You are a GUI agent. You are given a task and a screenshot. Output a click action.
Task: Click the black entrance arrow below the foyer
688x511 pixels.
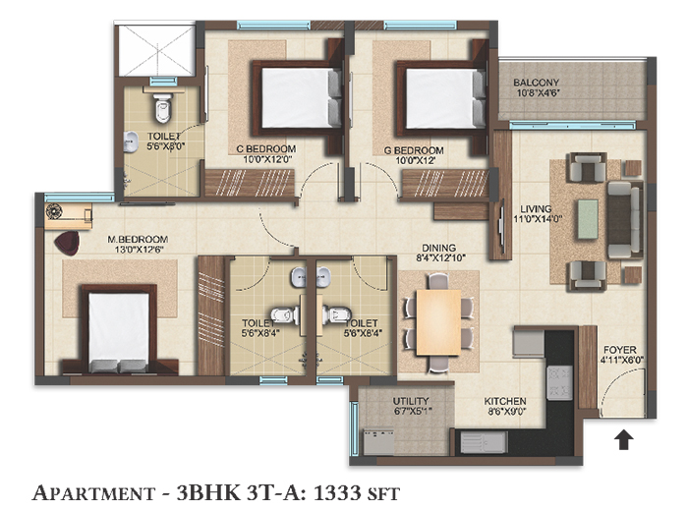click(623, 440)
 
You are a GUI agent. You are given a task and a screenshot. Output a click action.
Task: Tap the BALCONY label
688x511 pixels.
click(537, 83)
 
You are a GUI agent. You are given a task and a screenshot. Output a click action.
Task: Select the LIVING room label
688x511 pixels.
click(536, 208)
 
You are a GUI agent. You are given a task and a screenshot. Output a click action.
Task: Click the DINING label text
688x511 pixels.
click(438, 248)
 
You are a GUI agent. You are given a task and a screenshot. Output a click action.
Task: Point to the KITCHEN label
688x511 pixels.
click(505, 401)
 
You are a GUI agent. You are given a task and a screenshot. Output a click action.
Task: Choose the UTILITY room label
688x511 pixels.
click(411, 401)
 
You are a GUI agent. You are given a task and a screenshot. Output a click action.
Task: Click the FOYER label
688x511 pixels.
click(620, 350)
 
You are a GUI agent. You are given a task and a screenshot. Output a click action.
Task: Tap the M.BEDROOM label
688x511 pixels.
click(138, 240)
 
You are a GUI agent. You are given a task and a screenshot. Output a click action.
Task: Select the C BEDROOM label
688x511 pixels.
click(266, 149)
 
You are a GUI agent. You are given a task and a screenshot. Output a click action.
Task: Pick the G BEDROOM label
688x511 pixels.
click(414, 150)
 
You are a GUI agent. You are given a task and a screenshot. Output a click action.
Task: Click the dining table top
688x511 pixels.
click(438, 322)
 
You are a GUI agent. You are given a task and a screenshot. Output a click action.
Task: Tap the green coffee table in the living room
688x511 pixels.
click(588, 219)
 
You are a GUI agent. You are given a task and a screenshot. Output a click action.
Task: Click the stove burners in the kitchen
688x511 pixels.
click(559, 383)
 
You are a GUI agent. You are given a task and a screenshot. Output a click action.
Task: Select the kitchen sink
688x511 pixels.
click(484, 442)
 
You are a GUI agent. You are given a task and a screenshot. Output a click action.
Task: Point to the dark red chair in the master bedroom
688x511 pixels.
click(67, 243)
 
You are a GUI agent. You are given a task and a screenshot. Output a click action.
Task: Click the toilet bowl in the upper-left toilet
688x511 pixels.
click(163, 109)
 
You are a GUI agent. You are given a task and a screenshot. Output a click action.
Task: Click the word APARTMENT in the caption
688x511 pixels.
click(93, 492)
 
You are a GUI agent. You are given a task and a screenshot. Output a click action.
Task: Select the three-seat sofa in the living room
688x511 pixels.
click(625, 219)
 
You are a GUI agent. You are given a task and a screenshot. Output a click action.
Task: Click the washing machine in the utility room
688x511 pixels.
click(378, 442)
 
